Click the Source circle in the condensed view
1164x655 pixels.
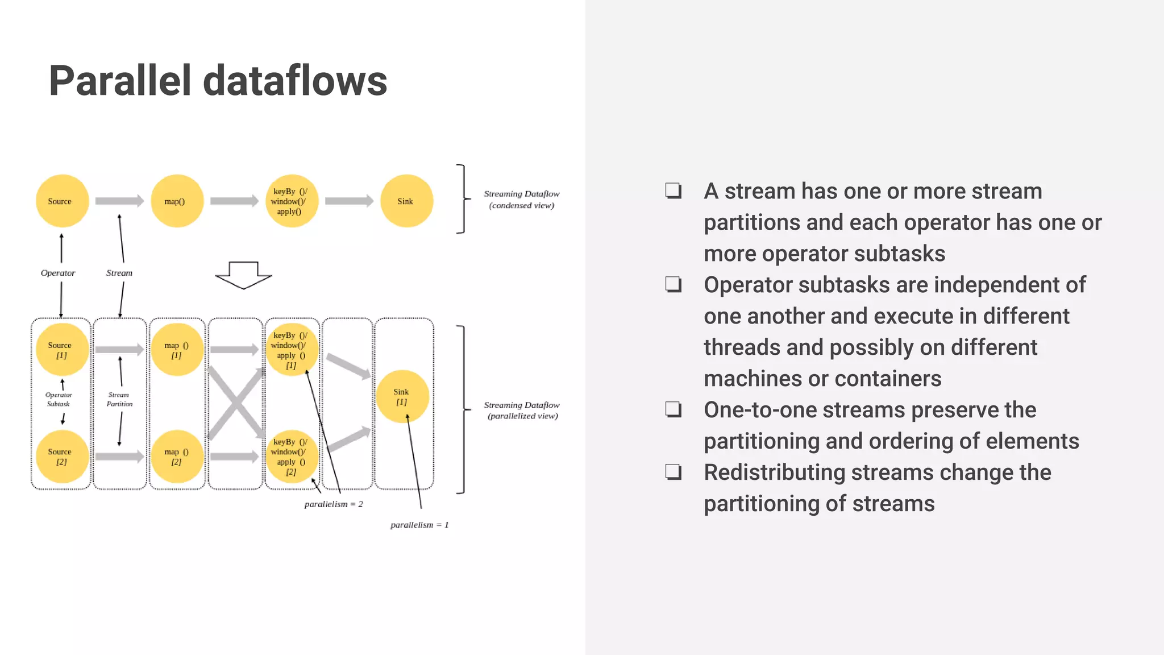[x=62, y=201]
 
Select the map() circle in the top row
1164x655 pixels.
[x=177, y=201]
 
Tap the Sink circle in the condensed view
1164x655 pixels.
[x=406, y=201]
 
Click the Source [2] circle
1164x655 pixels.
[x=62, y=457]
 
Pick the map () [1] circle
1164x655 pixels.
[x=177, y=350]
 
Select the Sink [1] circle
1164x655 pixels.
[x=402, y=396]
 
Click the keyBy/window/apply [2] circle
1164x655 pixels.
[x=292, y=457]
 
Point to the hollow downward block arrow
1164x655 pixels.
[x=243, y=275]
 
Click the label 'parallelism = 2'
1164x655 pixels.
[x=334, y=504]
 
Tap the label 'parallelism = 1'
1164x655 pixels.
[x=419, y=525]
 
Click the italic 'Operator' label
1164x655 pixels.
[x=58, y=273]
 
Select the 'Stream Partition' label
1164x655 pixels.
[x=119, y=399]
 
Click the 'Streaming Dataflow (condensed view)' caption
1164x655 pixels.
[x=521, y=200]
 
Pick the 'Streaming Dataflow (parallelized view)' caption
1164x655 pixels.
[x=522, y=411]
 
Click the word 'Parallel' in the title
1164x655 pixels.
[x=119, y=81]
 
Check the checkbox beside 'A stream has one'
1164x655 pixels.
[x=674, y=190]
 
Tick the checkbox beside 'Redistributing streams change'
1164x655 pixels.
[x=674, y=472]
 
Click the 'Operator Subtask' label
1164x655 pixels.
[x=59, y=399]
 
